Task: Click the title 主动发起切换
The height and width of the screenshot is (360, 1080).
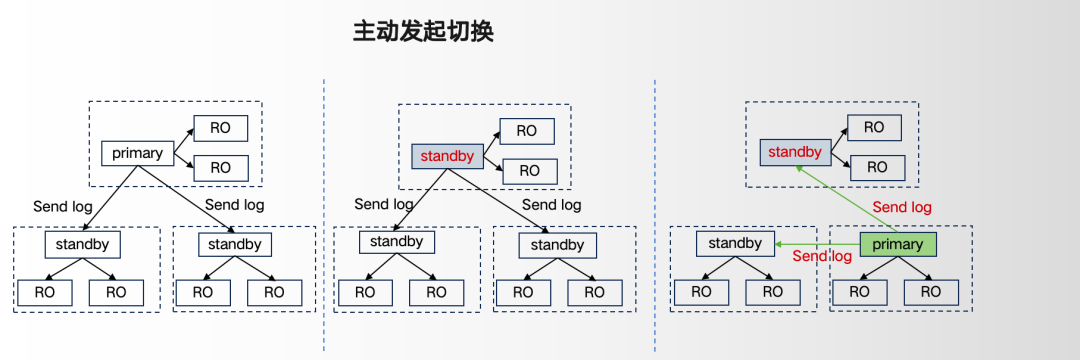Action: pos(423,31)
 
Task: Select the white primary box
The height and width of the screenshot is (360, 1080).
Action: pos(138,154)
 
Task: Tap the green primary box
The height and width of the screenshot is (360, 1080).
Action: pos(897,245)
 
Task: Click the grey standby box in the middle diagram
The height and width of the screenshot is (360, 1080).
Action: pos(448,156)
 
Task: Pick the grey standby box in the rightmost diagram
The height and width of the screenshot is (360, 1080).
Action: pos(796,153)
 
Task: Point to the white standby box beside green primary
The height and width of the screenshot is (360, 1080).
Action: pos(735,244)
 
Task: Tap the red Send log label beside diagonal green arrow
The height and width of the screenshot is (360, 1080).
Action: pos(903,208)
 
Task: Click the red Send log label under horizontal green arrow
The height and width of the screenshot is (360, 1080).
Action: pos(822,257)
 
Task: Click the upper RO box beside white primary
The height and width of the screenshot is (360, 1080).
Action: pos(219,129)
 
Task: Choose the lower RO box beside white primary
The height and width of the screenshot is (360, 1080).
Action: pos(219,167)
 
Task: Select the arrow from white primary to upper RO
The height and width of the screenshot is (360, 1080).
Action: pos(183,139)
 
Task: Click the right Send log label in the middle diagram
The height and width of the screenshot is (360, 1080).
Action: pos(552,205)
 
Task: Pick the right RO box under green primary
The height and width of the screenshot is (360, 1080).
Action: pos(931,292)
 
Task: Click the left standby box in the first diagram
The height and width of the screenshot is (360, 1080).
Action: pos(81,244)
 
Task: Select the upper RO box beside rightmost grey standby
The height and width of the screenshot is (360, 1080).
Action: pos(874,128)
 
